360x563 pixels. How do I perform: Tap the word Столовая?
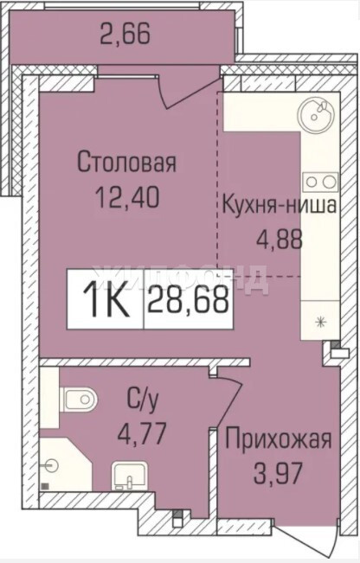click(127, 163)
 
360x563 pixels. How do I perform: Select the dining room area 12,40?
click(127, 197)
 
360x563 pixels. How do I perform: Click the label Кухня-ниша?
click(280, 205)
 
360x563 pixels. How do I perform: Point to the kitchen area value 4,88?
click(280, 240)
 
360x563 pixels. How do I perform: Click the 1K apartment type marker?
click(106, 299)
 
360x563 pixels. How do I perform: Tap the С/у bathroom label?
click(142, 401)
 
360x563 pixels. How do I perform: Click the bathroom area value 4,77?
click(142, 433)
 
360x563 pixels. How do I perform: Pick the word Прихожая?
click(278, 439)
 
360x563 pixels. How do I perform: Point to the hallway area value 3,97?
click(277, 473)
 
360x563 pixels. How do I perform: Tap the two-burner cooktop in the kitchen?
click(320, 182)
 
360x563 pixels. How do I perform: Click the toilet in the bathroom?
click(80, 399)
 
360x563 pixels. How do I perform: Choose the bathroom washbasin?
click(129, 476)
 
